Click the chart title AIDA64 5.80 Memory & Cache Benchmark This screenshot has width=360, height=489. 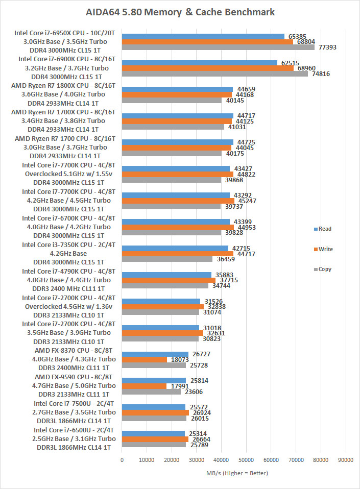pos(180,11)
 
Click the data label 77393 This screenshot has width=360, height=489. pos(327,47)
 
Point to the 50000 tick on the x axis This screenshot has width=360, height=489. pos(246,460)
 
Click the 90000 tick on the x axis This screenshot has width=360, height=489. pos(346,460)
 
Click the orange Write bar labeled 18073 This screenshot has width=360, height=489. pos(145,359)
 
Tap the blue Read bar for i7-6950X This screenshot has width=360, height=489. pos(203,36)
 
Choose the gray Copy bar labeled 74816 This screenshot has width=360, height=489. pos(215,74)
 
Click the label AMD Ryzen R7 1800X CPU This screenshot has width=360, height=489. pos(63,85)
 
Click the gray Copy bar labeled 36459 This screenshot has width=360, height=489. pos(167,259)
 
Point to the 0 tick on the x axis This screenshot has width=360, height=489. pos(122,460)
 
